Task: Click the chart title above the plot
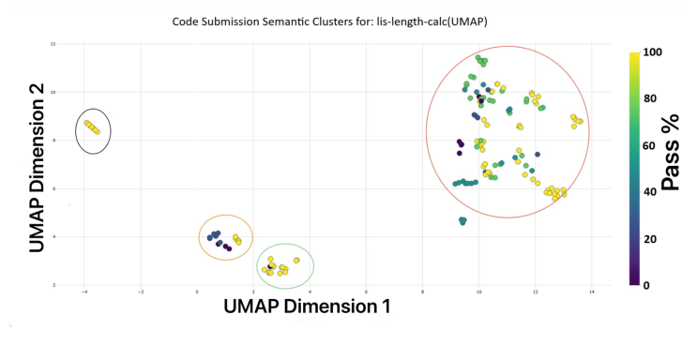[347, 21]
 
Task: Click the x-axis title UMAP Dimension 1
[306, 306]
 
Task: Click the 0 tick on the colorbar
[646, 285]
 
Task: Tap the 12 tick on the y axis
[53, 44]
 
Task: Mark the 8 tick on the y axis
[53, 141]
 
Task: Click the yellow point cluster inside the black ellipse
[91, 127]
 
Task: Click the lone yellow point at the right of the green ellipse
[296, 261]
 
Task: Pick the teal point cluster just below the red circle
[462, 221]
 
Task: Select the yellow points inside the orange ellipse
[237, 239]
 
